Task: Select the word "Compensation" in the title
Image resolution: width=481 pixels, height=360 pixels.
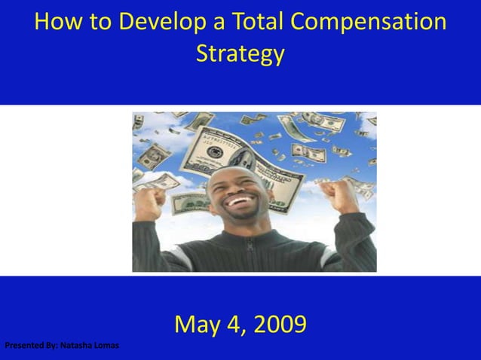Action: pos(369,23)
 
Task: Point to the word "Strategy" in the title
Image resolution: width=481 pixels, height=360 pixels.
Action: pos(240,55)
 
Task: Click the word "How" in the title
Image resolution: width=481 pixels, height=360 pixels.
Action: pos(57,23)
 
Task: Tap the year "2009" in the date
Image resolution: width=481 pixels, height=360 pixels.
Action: pos(280,325)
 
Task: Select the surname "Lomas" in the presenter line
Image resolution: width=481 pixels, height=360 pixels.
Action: pos(106,346)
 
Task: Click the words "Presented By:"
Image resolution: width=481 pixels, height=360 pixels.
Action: pos(31,346)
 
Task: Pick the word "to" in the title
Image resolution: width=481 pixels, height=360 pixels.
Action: pos(93,23)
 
